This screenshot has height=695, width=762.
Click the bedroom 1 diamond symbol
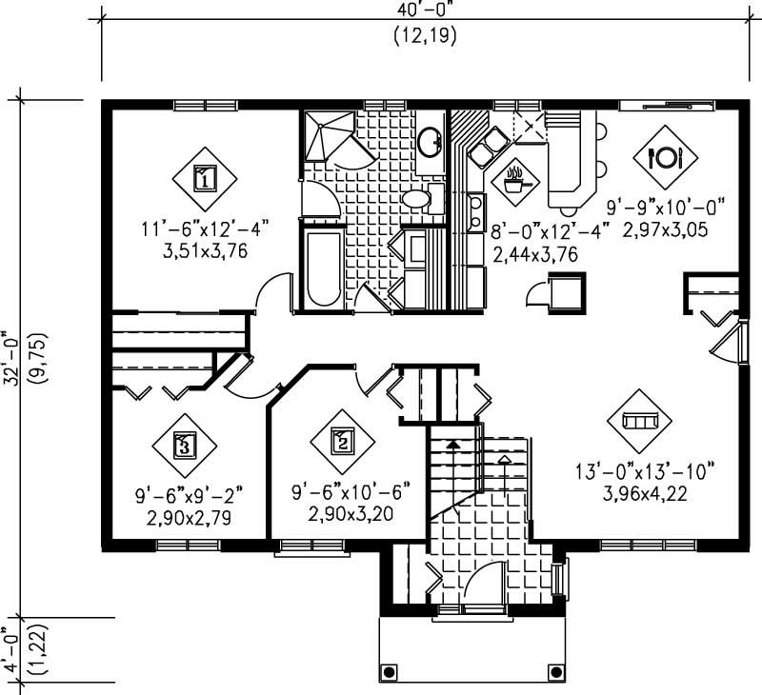pos(204,177)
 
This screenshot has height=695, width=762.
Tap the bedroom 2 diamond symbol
pos(343,441)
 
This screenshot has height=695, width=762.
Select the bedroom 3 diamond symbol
pos(185,443)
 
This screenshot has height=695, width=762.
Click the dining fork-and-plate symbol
pos(666,157)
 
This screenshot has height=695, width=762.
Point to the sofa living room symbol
pos(639,420)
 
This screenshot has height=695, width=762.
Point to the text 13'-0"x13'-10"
pos(644,472)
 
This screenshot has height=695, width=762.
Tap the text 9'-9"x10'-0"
pos(667,206)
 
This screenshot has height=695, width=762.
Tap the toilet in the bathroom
pos(419,199)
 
